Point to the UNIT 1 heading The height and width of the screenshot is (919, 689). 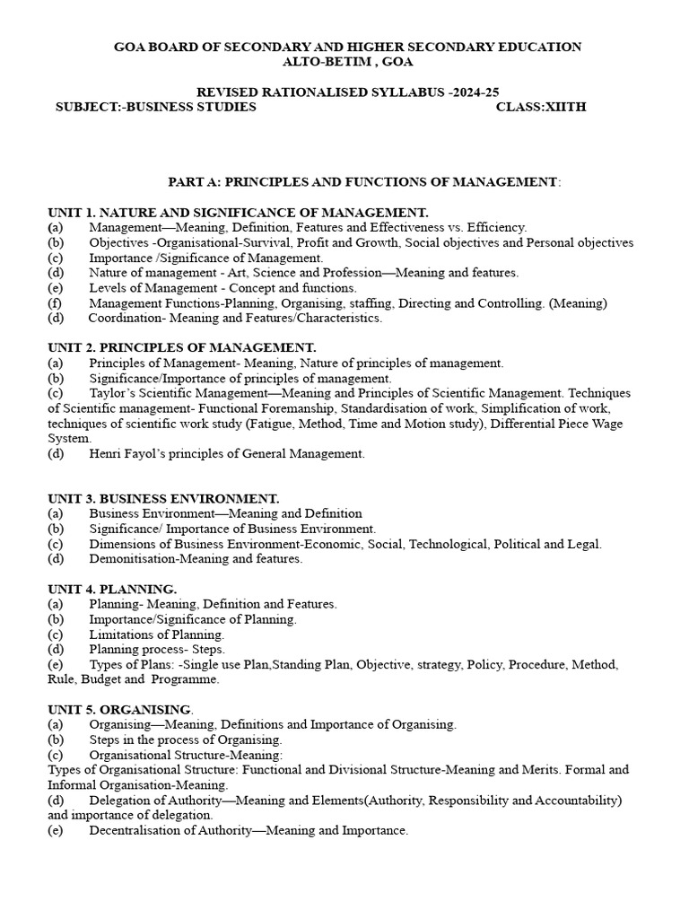click(x=238, y=212)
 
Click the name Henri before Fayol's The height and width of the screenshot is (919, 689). click(x=106, y=454)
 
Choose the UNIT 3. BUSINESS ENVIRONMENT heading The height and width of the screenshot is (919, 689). click(x=164, y=498)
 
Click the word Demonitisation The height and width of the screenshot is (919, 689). click(x=133, y=558)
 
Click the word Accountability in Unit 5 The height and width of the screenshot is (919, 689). click(x=574, y=800)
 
